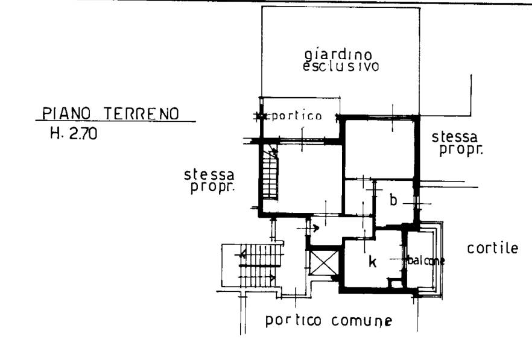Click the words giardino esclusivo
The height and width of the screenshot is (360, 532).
341,61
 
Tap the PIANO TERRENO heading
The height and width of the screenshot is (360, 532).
110,113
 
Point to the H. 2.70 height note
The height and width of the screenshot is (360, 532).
74,133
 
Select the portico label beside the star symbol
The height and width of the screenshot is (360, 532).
297,116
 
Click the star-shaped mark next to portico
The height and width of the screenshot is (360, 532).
261,116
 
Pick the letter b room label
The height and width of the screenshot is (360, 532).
393,200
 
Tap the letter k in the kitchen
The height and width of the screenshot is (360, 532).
373,262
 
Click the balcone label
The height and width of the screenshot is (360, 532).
426,261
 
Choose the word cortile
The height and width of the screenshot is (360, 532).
493,248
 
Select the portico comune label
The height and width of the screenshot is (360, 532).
328,321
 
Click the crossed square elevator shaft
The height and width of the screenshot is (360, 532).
324,264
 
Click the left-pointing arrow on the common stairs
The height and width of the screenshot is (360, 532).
243,253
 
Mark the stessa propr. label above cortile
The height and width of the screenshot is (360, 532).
457,144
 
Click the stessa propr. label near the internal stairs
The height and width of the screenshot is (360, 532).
210,181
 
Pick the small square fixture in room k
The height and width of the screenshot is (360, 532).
394,282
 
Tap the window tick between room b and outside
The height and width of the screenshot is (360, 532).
417,204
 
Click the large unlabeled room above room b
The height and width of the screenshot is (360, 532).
379,149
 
